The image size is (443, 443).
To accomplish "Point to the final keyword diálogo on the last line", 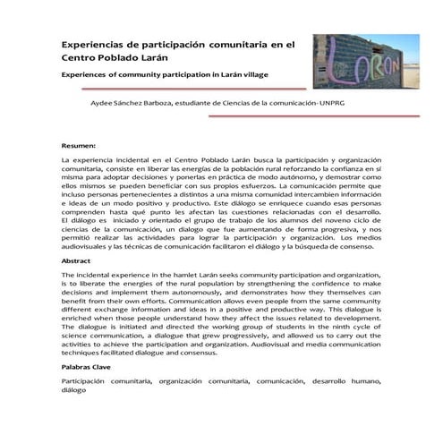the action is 75,391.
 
